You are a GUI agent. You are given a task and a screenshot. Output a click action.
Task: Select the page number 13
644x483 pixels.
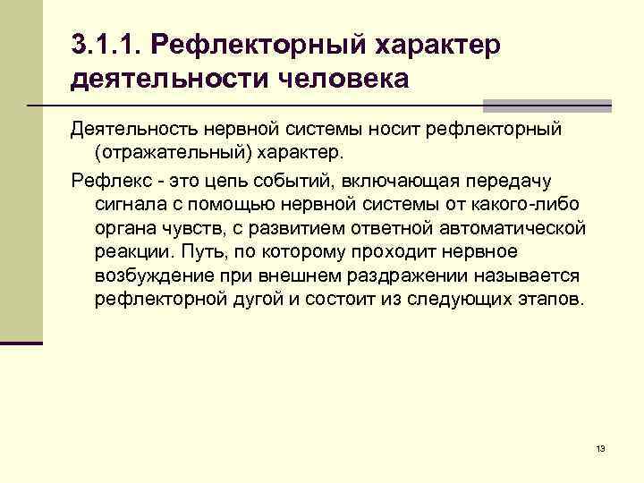coord(599,447)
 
